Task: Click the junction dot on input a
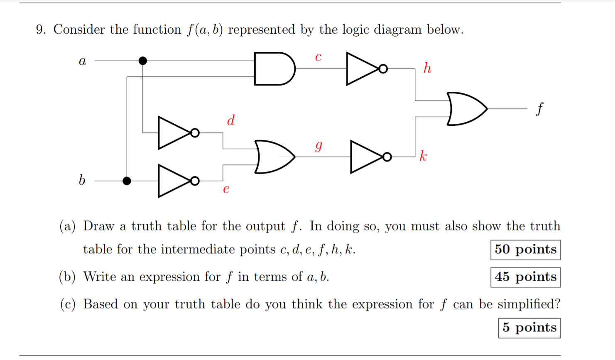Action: point(143,61)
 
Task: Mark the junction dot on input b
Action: point(127,181)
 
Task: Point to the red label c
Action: point(318,56)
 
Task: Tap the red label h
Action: point(427,68)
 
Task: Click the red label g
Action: point(319,145)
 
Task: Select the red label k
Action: point(423,156)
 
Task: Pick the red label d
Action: point(231,120)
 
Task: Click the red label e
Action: point(226,189)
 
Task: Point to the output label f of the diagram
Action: point(539,109)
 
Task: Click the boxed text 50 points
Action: point(525,250)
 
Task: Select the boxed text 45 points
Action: point(525,277)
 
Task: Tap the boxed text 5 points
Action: point(529,328)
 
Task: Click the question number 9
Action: point(41,30)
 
